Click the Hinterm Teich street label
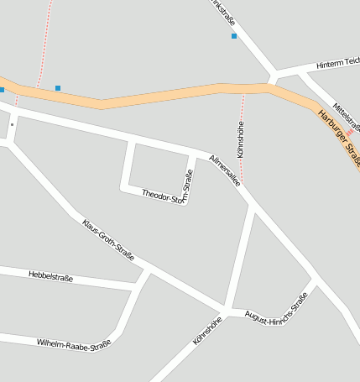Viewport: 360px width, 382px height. [x=337, y=65]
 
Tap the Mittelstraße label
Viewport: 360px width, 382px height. [x=347, y=116]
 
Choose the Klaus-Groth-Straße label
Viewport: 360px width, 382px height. [x=108, y=238]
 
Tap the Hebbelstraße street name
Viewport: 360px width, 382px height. [x=51, y=275]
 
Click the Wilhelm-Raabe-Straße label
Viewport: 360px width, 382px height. [x=74, y=343]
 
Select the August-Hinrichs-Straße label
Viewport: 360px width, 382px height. [x=276, y=309]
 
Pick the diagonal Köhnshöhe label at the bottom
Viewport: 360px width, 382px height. [x=206, y=331]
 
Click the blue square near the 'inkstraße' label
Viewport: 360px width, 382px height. [x=234, y=36]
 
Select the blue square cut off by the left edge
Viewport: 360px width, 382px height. [x=2, y=89]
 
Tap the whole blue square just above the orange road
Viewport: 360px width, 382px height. [x=58, y=87]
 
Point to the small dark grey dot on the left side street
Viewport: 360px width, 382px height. [x=12, y=124]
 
